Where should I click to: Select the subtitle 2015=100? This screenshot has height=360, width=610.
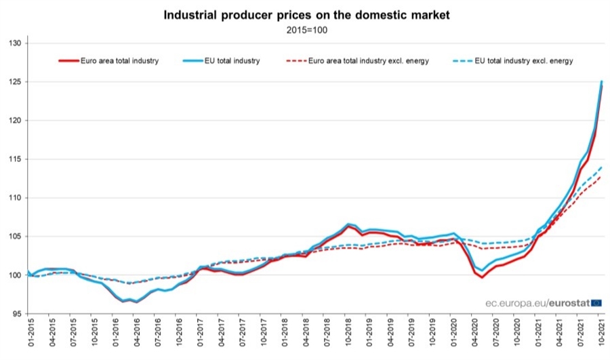point(306,29)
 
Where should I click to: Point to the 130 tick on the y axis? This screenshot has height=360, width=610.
point(16,43)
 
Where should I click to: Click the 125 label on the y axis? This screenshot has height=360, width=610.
point(16,82)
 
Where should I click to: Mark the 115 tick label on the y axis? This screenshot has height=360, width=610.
point(16,159)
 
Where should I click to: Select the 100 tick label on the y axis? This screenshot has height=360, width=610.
point(16,275)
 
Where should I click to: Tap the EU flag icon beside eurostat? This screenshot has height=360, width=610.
point(596,302)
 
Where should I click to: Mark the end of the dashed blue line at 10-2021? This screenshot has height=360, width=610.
point(601,167)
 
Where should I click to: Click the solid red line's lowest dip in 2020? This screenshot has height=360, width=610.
point(482,277)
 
